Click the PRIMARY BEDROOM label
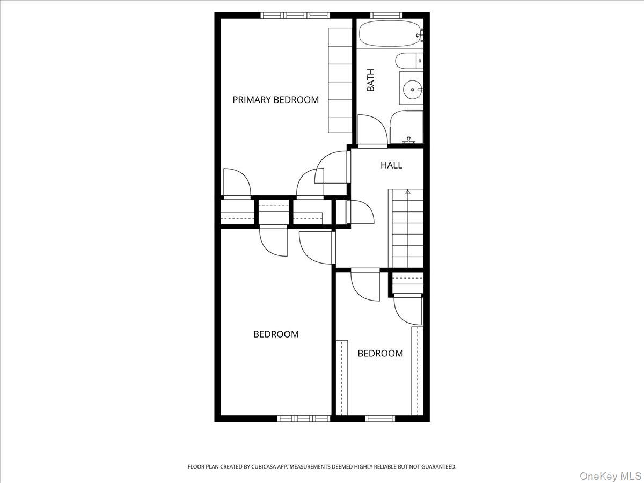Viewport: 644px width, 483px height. [x=275, y=100]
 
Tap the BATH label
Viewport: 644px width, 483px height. [x=371, y=80]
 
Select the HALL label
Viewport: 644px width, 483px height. [x=391, y=165]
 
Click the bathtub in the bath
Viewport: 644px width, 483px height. [x=389, y=34]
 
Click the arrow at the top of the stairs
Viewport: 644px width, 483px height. [x=408, y=191]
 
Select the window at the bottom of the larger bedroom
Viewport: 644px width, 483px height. [x=303, y=418]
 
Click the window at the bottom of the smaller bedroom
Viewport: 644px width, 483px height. [x=380, y=418]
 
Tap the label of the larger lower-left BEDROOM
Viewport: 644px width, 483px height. [x=276, y=334]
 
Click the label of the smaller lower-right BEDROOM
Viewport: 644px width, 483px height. [x=380, y=353]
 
